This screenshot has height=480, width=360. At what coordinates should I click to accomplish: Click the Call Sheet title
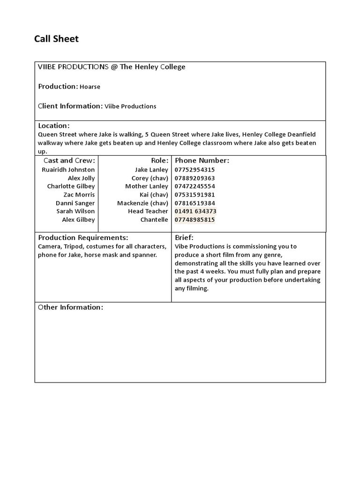tap(56, 39)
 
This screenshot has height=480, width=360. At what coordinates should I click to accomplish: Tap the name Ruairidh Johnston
tap(68, 170)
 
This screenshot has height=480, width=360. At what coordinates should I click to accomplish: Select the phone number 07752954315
tap(195, 170)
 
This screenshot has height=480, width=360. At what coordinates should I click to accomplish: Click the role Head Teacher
tap(148, 211)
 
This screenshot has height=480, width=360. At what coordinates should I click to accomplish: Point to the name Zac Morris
tap(79, 195)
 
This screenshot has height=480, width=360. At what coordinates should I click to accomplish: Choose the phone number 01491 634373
tap(195, 211)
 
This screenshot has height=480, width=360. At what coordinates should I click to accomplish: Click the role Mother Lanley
tap(146, 186)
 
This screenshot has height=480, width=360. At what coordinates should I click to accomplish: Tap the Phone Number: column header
tap(202, 160)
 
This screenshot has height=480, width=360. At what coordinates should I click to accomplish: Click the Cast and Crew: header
tap(69, 160)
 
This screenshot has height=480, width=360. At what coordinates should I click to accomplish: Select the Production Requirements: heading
tap(83, 238)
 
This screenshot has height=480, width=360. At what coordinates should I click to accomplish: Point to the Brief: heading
tap(184, 238)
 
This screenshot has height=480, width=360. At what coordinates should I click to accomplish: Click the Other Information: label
tap(70, 307)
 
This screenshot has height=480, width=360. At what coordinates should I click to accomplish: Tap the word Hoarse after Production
tap(90, 87)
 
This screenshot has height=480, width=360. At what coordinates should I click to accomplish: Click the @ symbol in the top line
tap(114, 67)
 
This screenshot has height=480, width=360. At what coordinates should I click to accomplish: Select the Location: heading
tap(54, 126)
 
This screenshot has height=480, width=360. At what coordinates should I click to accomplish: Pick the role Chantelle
tap(154, 219)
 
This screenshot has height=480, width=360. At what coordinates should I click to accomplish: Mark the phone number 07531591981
tap(195, 195)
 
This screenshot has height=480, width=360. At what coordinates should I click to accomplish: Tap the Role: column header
tap(159, 160)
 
